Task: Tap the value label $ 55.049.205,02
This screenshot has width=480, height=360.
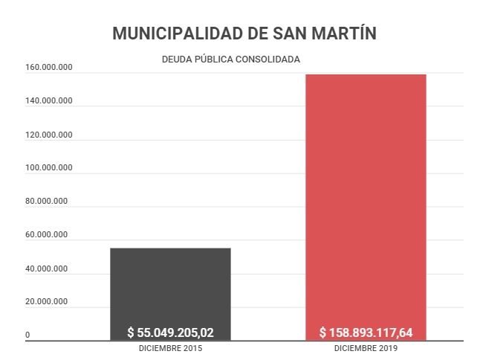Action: (170, 332)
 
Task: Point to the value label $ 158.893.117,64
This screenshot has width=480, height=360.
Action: (366, 332)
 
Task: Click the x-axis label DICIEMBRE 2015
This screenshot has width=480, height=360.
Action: (170, 348)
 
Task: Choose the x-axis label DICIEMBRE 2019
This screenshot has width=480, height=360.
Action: (366, 348)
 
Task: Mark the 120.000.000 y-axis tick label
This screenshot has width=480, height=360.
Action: (48, 135)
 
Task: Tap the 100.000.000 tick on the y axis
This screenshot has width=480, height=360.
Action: (48, 168)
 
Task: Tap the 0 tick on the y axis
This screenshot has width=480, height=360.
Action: (27, 335)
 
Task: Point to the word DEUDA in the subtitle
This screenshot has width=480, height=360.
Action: (177, 59)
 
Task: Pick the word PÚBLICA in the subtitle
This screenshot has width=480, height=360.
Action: (213, 59)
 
